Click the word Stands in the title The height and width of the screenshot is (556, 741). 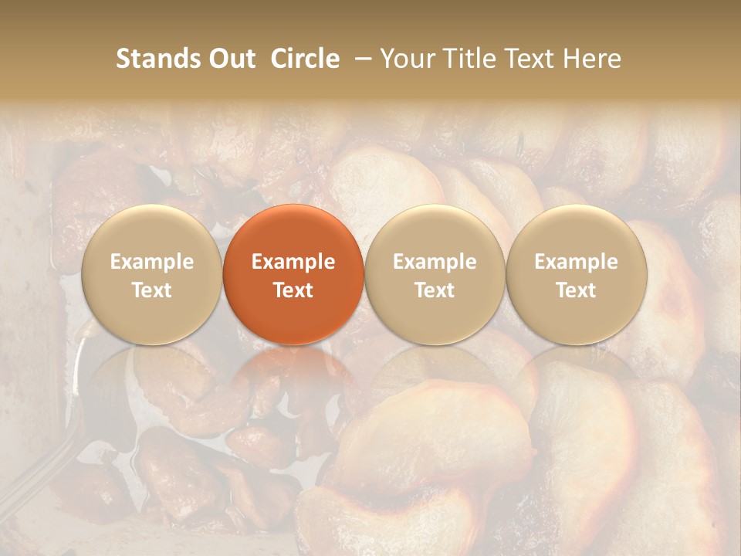(x=154, y=59)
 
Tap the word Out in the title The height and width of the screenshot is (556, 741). (x=229, y=59)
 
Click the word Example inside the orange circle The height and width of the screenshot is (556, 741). (x=293, y=262)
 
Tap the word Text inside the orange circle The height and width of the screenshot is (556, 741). (x=293, y=290)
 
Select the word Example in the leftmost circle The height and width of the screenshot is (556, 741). (x=152, y=262)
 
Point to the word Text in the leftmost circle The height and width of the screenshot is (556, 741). (x=152, y=290)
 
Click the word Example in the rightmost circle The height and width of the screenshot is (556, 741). (x=577, y=262)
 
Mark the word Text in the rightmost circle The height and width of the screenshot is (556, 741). (x=577, y=290)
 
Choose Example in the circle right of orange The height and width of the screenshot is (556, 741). (x=435, y=262)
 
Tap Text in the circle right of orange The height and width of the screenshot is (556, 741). (x=435, y=290)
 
